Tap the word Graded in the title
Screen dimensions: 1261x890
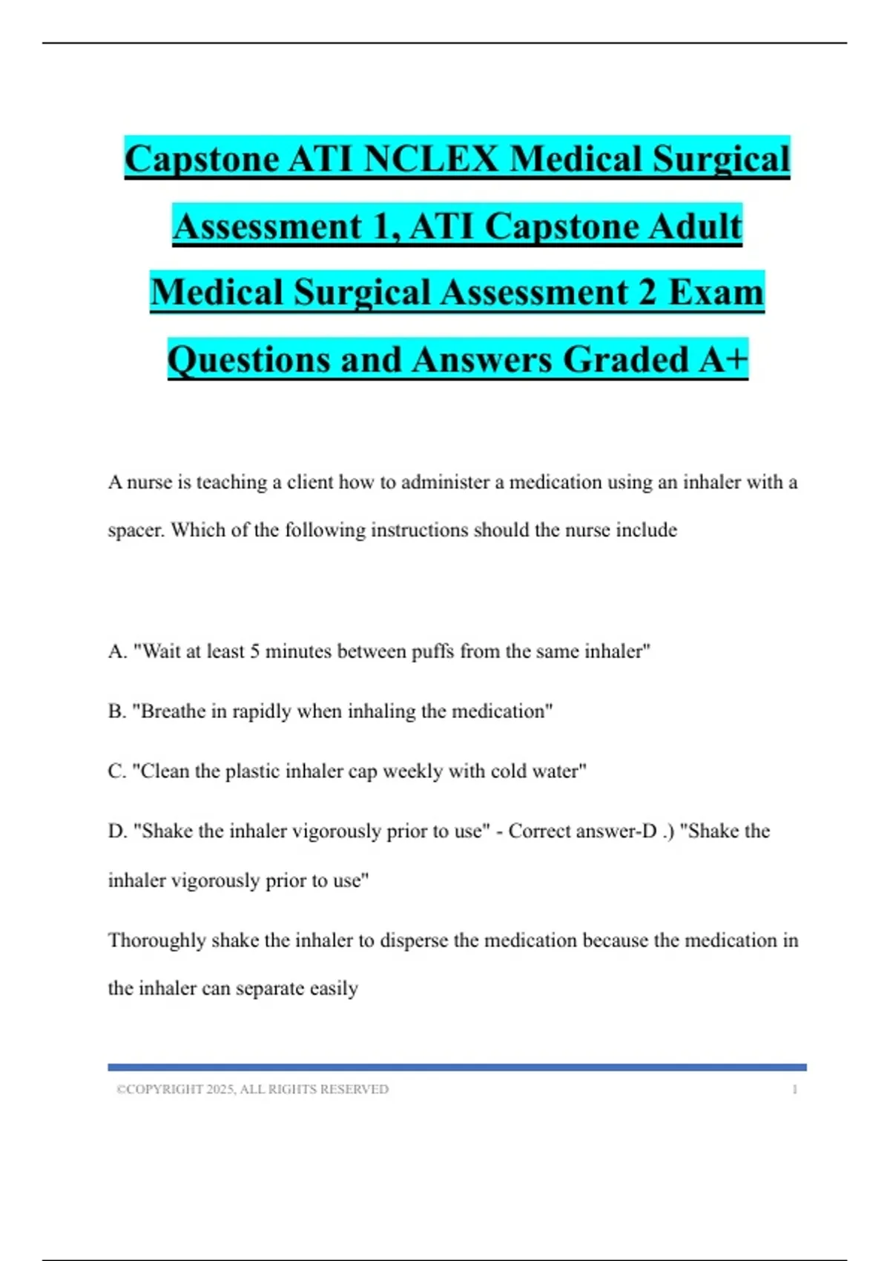click(626, 360)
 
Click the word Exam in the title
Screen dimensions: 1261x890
click(716, 292)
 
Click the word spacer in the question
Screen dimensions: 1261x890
click(136, 531)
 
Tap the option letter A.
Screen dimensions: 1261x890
click(116, 651)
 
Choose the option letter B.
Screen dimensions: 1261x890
click(116, 711)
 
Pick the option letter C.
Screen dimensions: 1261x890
click(116, 771)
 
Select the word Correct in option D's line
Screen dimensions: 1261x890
click(544, 832)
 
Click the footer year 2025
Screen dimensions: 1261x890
click(220, 1090)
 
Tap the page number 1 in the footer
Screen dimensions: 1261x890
click(794, 1090)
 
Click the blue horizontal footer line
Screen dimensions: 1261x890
click(457, 1067)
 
